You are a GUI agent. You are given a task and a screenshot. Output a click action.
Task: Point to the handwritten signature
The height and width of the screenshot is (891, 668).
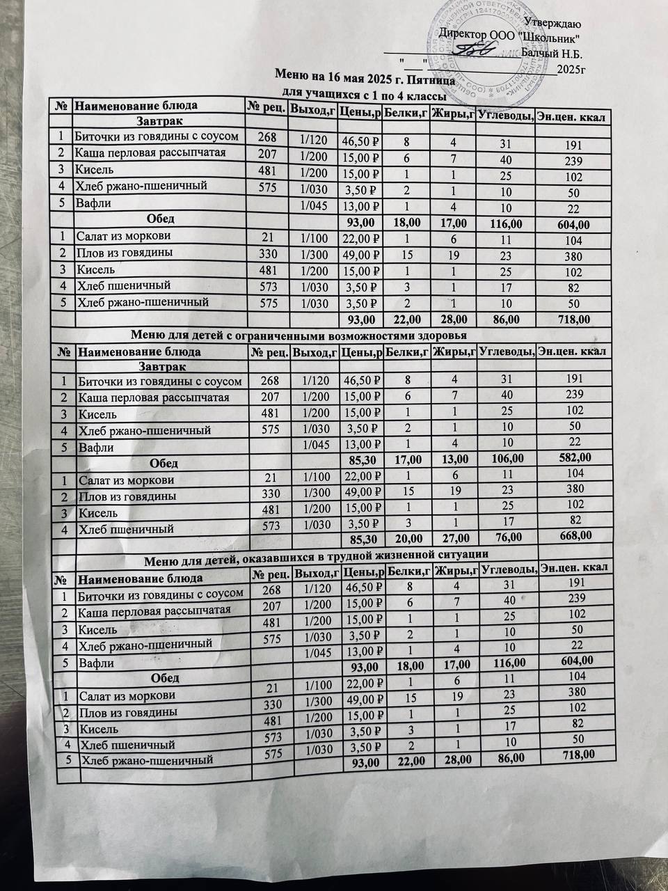[x=474, y=48]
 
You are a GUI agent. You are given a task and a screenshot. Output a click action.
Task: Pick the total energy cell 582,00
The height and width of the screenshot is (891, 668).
[x=574, y=457]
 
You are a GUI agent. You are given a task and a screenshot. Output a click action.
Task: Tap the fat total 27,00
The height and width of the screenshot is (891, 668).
[x=454, y=537]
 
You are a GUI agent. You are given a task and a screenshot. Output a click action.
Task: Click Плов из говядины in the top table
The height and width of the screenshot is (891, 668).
[x=125, y=253]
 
